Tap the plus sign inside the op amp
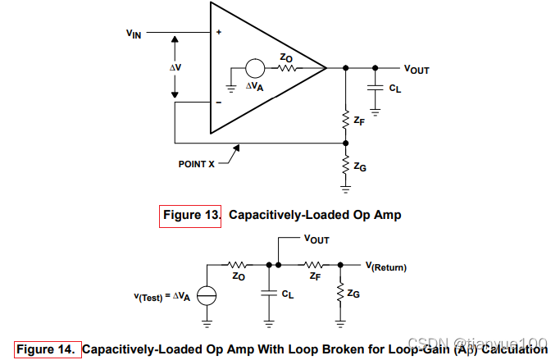point(219,33)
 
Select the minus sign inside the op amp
point(219,103)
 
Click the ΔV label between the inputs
point(175,67)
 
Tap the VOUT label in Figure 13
point(416,70)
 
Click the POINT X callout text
point(197,164)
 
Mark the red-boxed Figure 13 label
point(191,216)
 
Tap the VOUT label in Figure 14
point(316,239)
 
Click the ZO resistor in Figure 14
point(239,265)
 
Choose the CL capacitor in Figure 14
point(270,292)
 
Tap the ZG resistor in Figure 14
point(342,292)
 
